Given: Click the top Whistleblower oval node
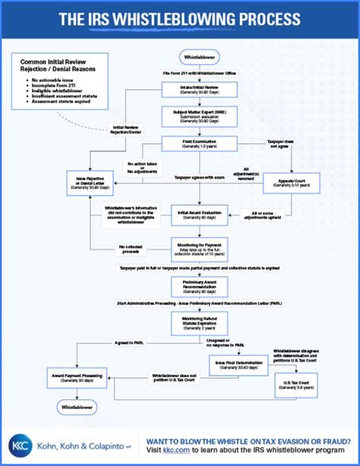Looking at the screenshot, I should (x=199, y=57).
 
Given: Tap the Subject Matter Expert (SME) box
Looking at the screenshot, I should (x=199, y=116).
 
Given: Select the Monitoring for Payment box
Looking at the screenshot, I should (x=199, y=248).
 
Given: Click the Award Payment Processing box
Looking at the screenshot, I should (x=76, y=376).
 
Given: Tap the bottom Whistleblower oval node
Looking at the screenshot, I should (x=76, y=415).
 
